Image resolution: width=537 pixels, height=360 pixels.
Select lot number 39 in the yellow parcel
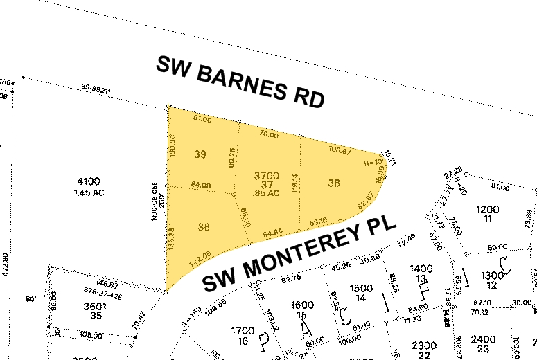tap(201, 154)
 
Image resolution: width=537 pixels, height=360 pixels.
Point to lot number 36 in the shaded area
tap(204, 226)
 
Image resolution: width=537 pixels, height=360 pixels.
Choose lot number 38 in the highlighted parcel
tap(334, 183)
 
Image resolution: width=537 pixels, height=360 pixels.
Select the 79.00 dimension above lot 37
tap(268, 135)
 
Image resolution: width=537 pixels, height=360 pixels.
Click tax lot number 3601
tap(94, 305)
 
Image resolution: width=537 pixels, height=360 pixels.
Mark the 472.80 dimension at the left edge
tap(6, 266)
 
